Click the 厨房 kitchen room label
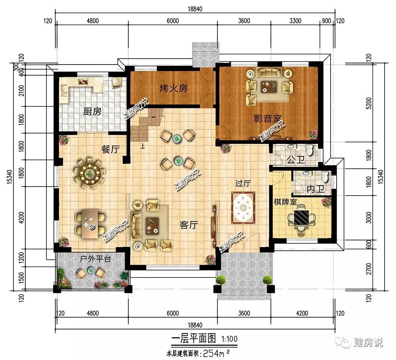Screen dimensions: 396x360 tap(92, 111)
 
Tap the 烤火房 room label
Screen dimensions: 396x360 tap(173, 88)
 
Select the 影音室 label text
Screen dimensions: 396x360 tap(267, 118)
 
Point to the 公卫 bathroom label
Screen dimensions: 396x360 tap(296, 160)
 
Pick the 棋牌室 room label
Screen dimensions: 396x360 tap(286, 202)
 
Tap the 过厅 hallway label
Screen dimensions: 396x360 tap(243, 183)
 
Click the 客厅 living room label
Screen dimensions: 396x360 tap(188, 225)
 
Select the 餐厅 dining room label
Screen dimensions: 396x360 tap(110, 149)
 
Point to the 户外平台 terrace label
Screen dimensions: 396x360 tap(95, 259)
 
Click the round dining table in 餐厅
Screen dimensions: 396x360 tap(89, 173)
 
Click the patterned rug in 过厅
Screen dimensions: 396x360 tap(243, 208)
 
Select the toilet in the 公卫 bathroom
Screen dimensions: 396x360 tap(310, 150)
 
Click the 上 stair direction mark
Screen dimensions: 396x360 tap(143, 146)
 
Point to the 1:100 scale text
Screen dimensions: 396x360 tap(229, 339)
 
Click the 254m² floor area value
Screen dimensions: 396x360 tap(216, 353)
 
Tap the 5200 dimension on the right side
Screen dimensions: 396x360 tap(369, 103)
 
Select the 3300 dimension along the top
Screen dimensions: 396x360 tap(295, 21)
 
